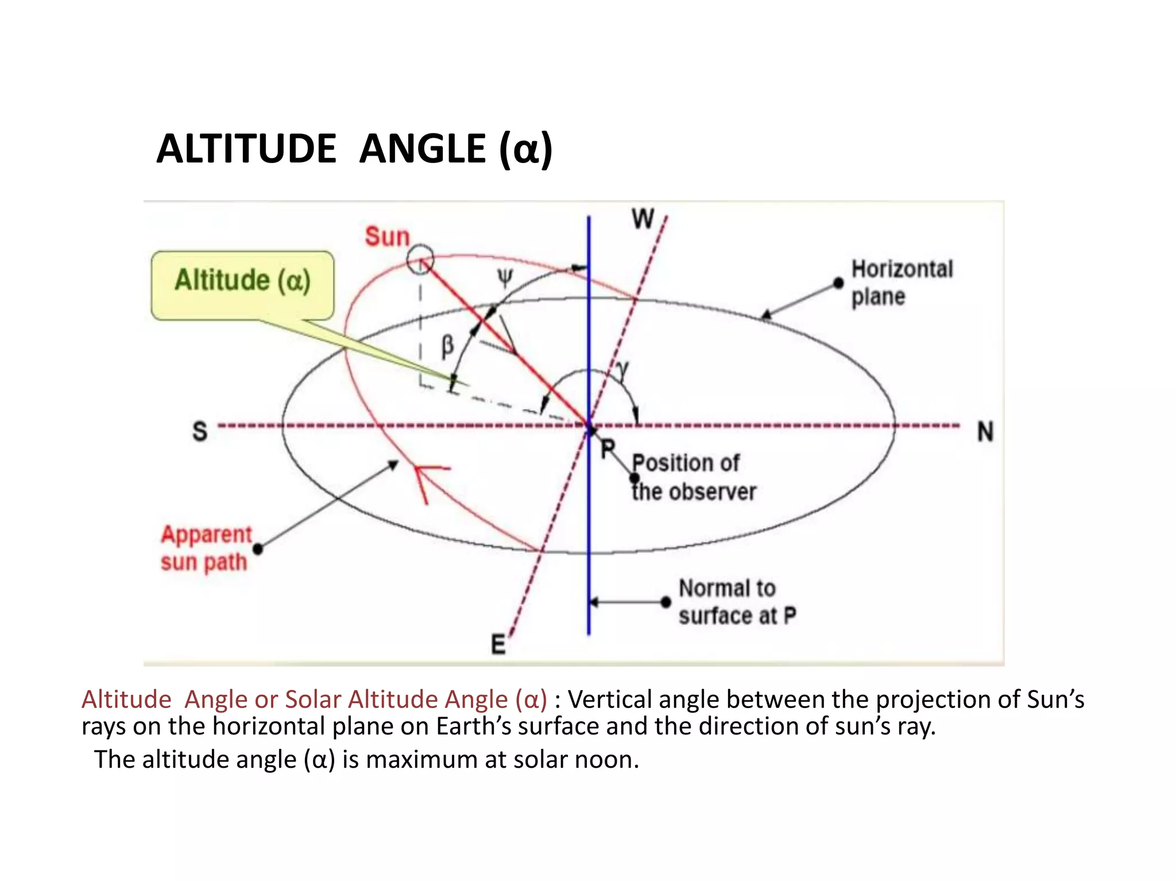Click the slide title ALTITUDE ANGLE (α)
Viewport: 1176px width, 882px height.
coord(354,149)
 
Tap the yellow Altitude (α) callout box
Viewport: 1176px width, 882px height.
coord(242,284)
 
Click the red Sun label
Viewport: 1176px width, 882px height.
coord(388,237)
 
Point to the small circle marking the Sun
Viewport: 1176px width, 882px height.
coord(420,260)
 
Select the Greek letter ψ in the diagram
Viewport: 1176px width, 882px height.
coord(504,280)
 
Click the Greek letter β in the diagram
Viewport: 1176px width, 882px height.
coord(447,346)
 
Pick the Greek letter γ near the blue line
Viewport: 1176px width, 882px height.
coord(622,370)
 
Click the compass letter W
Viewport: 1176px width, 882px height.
coord(643,219)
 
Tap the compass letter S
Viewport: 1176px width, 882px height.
coord(200,431)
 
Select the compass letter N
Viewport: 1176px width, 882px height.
coord(985,432)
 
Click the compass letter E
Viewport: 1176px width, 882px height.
coord(498,644)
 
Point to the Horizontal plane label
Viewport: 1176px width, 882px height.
coord(902,283)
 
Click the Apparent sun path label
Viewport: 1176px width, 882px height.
coord(206,548)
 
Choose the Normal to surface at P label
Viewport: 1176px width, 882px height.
coord(737,602)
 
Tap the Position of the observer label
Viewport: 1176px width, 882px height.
coord(693,477)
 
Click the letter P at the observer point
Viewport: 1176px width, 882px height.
coord(608,448)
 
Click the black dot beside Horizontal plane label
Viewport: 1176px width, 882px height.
coord(838,283)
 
